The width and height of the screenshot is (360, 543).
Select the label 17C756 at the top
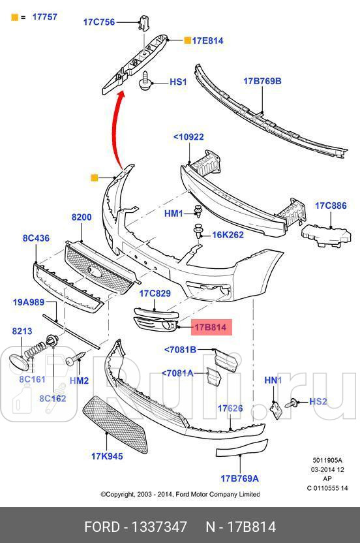coord(98,22)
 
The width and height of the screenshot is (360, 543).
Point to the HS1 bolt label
coord(178,82)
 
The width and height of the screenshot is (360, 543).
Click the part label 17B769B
coord(262,82)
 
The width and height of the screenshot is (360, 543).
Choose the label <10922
coord(188,137)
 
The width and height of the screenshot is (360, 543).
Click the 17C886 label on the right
coord(331,206)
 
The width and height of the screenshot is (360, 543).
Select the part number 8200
coord(82,217)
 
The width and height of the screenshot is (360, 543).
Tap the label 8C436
coord(36,238)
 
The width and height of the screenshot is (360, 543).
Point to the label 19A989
coord(29,302)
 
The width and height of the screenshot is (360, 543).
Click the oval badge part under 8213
coord(21,363)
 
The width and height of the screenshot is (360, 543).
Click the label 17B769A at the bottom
coord(239,478)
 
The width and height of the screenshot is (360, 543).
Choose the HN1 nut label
coord(273,380)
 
